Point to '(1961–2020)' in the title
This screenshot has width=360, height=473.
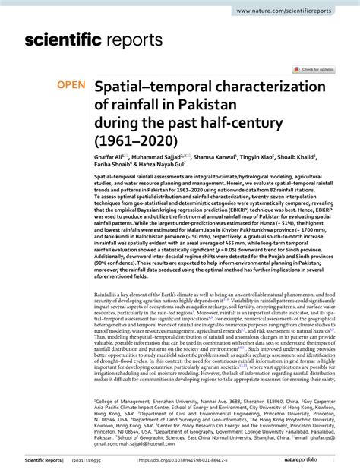point(134,140)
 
